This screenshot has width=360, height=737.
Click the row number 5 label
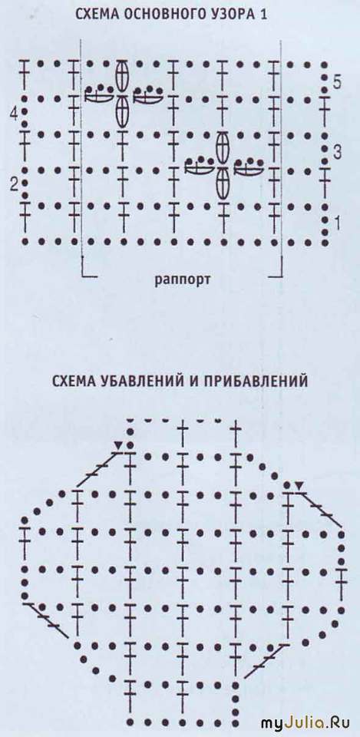pos(336,82)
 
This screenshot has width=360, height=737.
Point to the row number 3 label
pos(336,152)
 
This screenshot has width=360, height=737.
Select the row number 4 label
pos(15,114)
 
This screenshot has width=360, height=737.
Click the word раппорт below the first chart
pos(183,280)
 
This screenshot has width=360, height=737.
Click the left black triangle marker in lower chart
pos(118,445)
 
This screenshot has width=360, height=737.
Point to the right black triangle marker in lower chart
pos(298,484)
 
